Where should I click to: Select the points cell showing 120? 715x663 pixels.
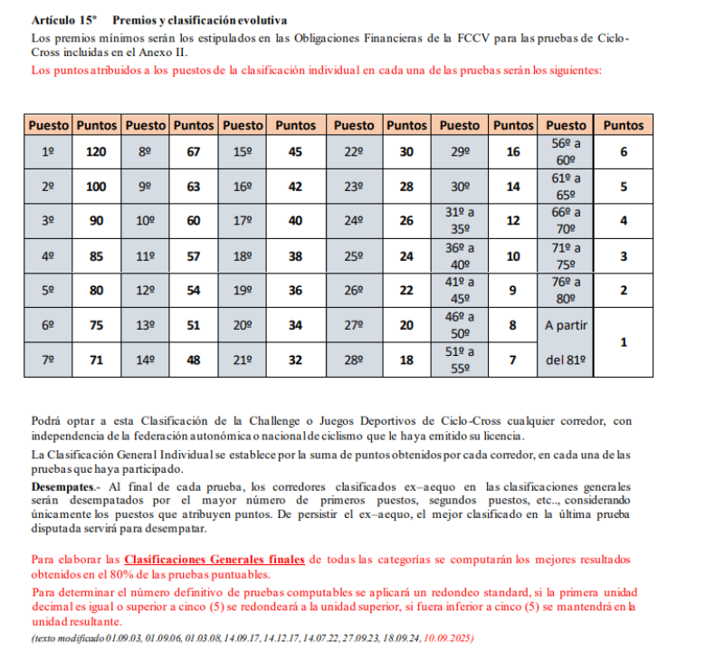[96, 152]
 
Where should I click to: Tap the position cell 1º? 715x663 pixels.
[48, 152]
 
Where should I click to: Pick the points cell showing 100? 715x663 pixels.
[96, 187]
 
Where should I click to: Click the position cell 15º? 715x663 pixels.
[243, 152]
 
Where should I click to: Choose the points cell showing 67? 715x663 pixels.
[193, 152]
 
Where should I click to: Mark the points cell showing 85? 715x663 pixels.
[96, 256]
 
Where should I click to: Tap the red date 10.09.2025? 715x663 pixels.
[449, 639]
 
